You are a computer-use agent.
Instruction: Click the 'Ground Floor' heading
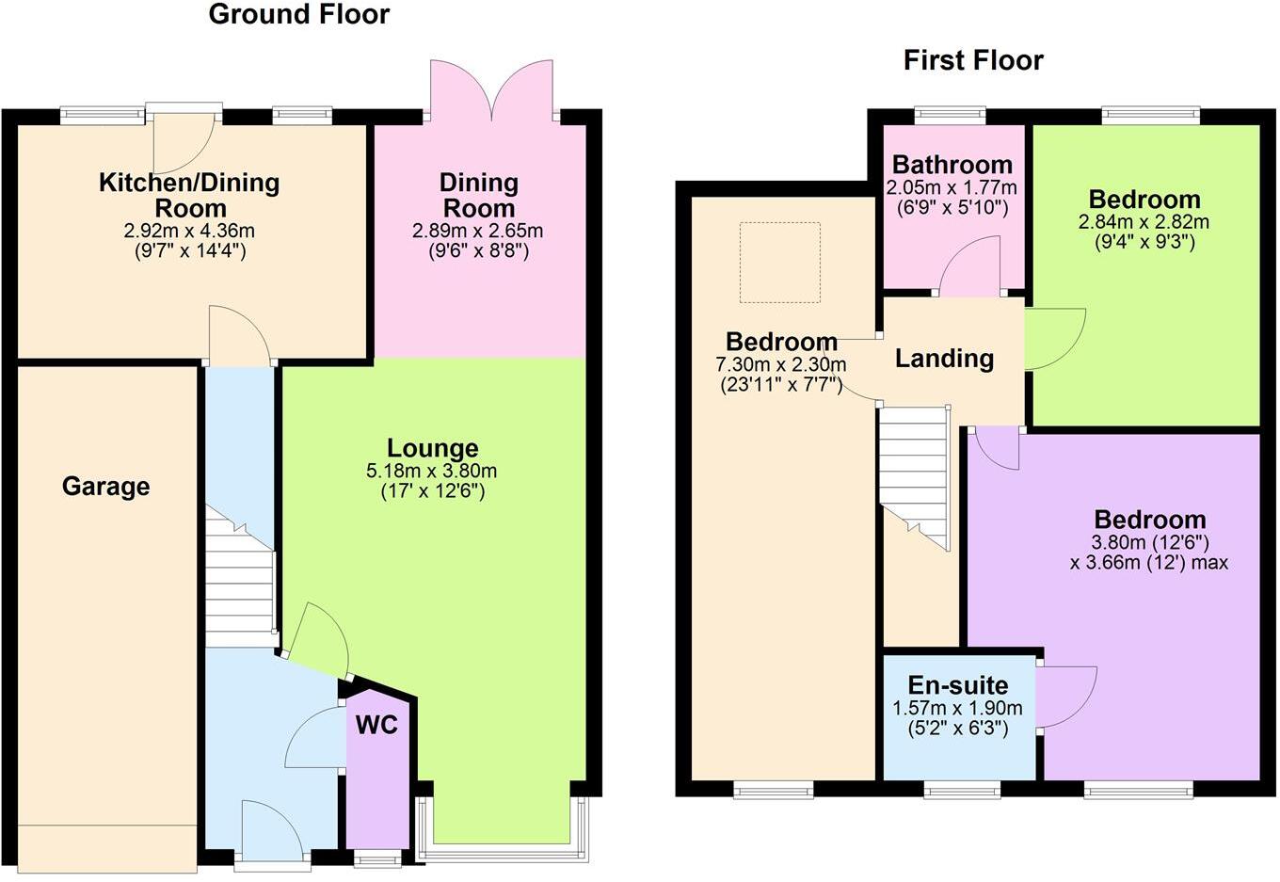(298, 15)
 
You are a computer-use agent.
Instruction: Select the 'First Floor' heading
(973, 61)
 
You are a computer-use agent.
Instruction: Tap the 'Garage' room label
(106, 487)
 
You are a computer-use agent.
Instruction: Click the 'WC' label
(376, 725)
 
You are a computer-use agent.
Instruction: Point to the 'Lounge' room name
(433, 448)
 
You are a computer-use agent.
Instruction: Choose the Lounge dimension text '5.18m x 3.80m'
(432, 471)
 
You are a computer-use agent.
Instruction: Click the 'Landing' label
(944, 359)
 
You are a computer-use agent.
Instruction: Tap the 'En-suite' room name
(957, 685)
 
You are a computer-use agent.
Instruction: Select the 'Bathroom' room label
(952, 165)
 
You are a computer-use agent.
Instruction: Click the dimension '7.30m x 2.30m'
(781, 364)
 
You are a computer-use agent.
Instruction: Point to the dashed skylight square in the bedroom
(779, 263)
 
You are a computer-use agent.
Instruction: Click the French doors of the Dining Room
(490, 90)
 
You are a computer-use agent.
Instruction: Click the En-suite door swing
(1066, 697)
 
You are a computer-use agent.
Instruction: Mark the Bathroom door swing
(970, 266)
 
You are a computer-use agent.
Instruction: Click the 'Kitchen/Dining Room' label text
(189, 195)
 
